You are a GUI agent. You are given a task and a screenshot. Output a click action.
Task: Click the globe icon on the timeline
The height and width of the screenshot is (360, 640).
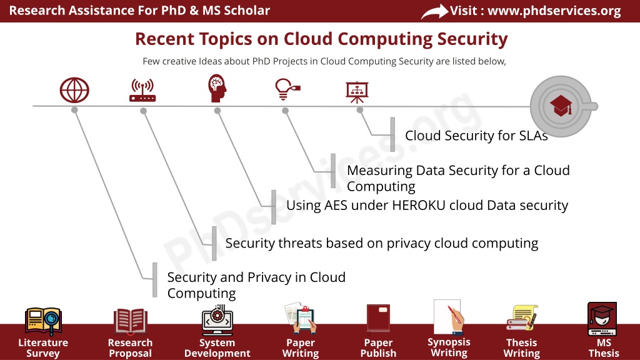74,90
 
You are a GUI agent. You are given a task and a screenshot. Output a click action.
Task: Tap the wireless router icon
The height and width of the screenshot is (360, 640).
142,90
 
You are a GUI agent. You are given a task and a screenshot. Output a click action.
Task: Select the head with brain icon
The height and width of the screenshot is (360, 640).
217,87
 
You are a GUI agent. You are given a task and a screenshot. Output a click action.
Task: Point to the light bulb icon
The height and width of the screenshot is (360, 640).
287,89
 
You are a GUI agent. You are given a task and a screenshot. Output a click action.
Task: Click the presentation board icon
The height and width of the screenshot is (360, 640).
357,92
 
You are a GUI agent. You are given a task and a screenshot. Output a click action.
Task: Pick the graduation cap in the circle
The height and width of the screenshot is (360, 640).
561,106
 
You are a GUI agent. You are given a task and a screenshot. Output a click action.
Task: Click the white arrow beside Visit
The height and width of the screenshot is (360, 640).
434,11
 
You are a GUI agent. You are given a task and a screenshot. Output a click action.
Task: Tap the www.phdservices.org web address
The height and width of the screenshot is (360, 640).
554,11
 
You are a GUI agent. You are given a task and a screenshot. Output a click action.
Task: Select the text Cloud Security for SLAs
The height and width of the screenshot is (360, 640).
476,136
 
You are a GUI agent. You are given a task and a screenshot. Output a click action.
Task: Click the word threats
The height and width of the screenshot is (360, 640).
300,243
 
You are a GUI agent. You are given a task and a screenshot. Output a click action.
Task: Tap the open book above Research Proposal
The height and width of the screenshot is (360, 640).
130,321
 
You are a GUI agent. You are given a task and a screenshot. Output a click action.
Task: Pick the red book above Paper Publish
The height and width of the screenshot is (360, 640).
378,318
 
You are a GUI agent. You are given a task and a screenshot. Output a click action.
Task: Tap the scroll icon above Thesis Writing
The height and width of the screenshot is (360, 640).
522,318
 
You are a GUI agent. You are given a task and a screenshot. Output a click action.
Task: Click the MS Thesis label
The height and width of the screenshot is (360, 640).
604,348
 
